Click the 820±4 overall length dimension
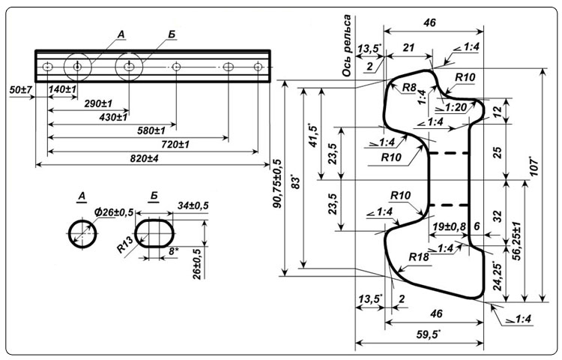144,158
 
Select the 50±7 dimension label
21,90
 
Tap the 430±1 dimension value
113,117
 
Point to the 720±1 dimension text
175,145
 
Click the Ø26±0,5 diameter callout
114,212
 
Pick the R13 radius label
125,245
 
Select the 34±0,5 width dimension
193,205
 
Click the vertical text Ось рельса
346,46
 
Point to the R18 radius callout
419,257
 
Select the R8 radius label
409,87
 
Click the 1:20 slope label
452,107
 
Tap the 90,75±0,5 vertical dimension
278,183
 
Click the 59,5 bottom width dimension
429,335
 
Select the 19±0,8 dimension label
449,226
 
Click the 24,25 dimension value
497,275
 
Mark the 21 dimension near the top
408,48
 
